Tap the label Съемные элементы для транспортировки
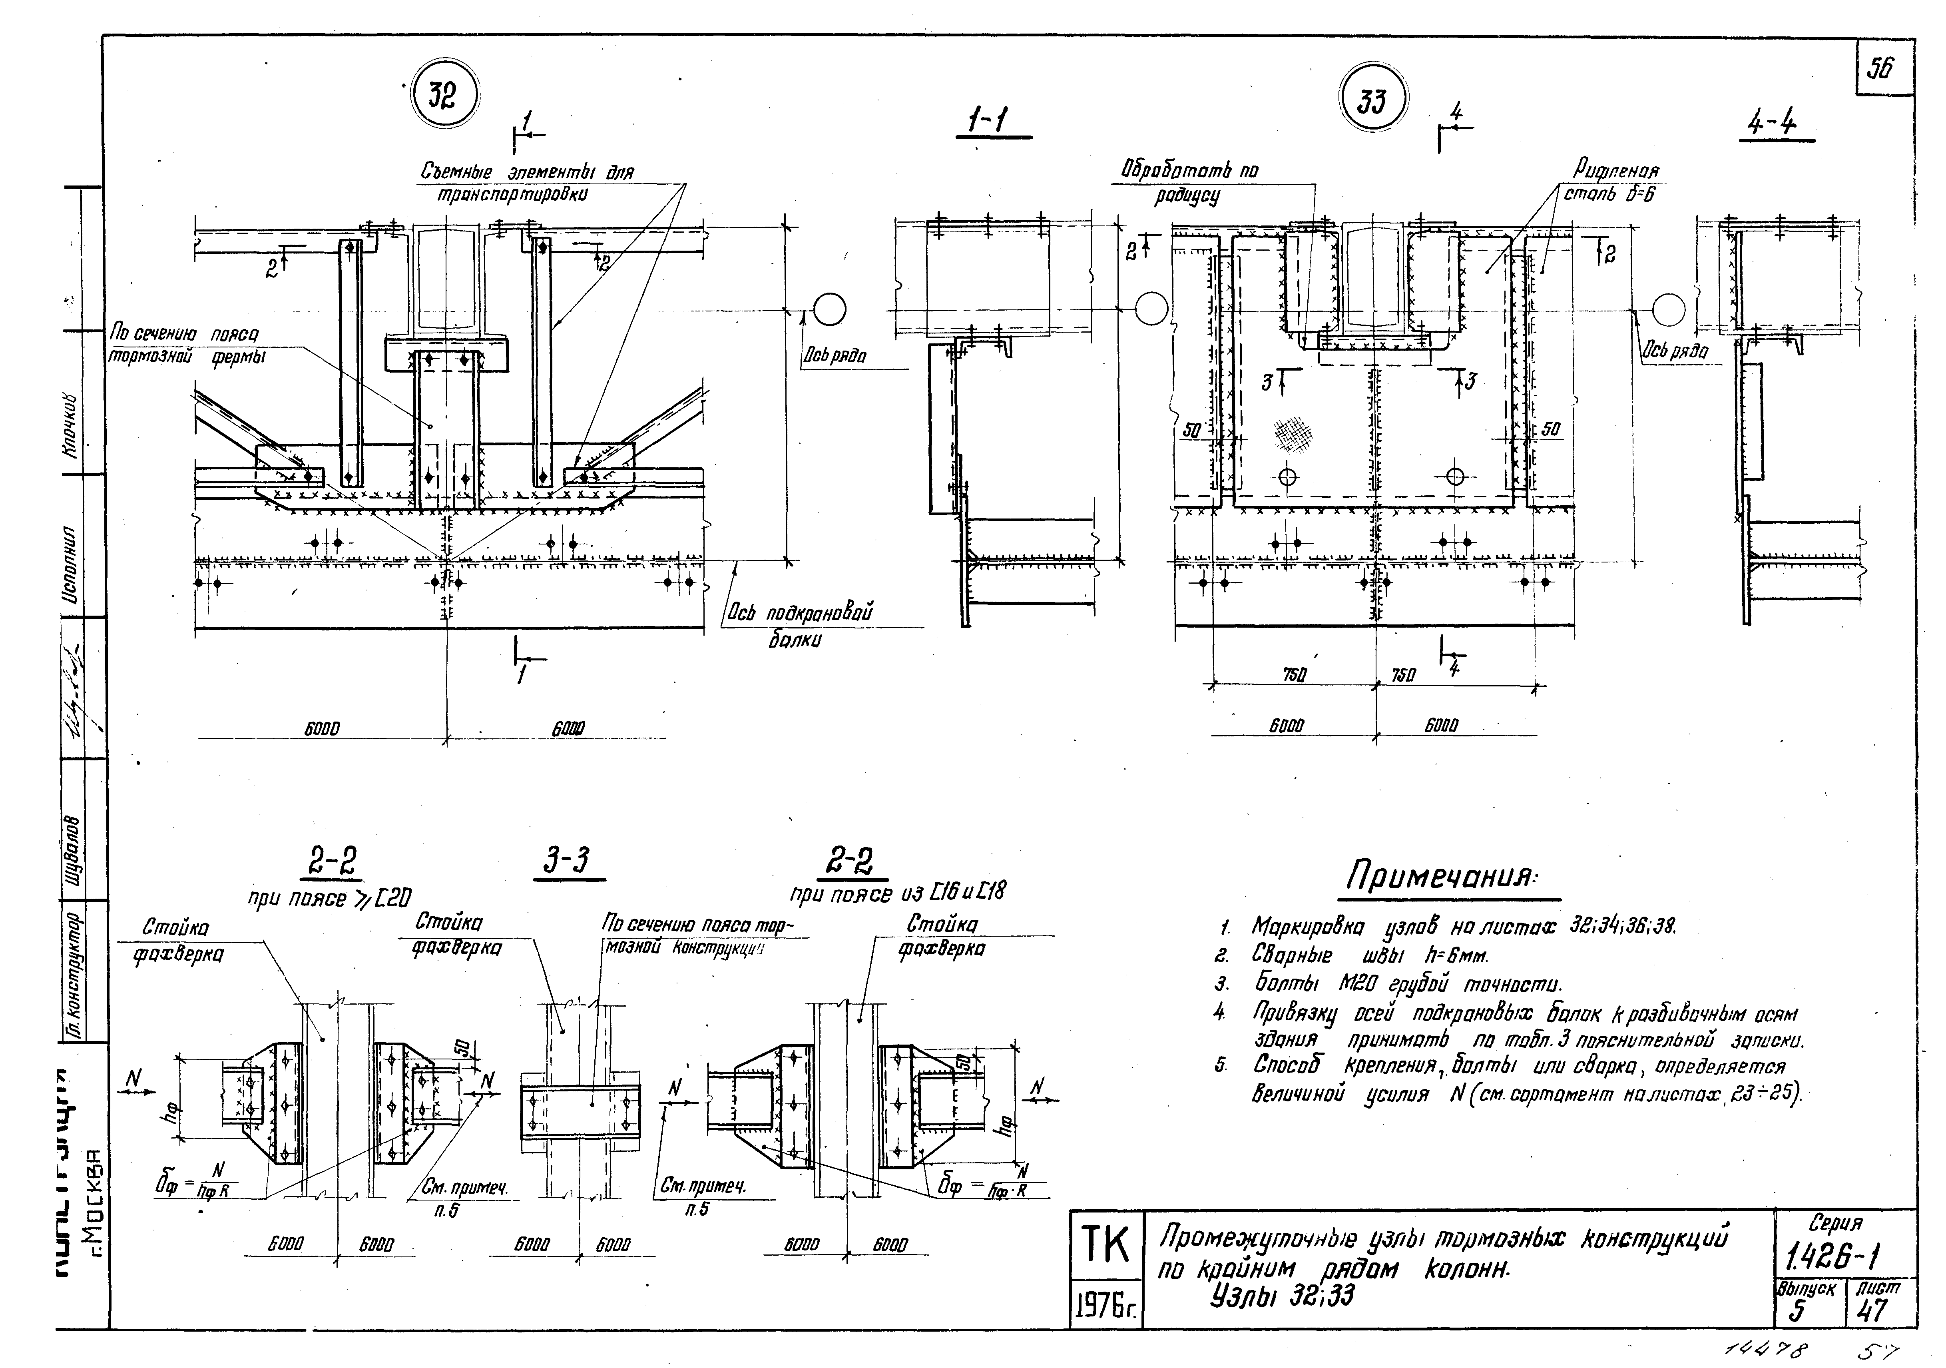point(527,182)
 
